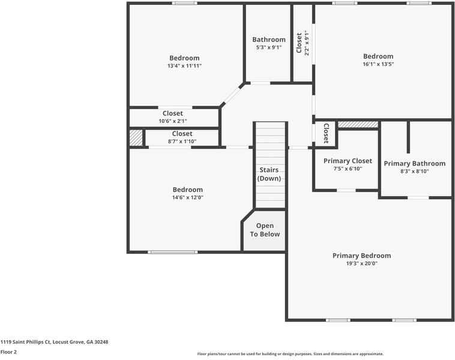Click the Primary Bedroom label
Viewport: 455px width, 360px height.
click(x=361, y=256)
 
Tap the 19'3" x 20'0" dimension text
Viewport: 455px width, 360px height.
click(x=361, y=263)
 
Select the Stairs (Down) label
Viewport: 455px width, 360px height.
click(x=269, y=174)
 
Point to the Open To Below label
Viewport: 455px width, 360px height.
click(x=265, y=230)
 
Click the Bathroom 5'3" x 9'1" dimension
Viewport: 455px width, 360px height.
click(x=269, y=47)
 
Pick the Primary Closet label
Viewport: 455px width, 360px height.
click(x=348, y=161)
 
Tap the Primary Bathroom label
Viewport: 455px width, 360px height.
click(x=415, y=164)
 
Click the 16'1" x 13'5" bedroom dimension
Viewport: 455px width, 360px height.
click(x=378, y=64)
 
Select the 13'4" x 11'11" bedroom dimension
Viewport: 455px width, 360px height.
click(x=184, y=66)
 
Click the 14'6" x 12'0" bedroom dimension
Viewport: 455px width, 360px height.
click(x=188, y=197)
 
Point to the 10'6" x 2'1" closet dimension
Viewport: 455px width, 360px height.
click(x=173, y=121)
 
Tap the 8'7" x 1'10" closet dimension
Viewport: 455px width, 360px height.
click(x=182, y=142)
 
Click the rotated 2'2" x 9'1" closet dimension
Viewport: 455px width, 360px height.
click(x=306, y=43)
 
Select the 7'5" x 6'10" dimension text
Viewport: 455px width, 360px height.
click(x=348, y=169)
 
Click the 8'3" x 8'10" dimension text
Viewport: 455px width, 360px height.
click(x=415, y=172)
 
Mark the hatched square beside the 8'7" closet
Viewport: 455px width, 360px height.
click(x=136, y=138)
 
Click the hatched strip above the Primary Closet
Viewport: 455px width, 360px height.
click(x=358, y=124)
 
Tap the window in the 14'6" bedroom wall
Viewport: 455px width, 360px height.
click(x=173, y=252)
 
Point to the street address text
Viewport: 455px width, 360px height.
click(x=54, y=342)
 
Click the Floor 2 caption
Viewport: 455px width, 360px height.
click(x=8, y=352)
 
